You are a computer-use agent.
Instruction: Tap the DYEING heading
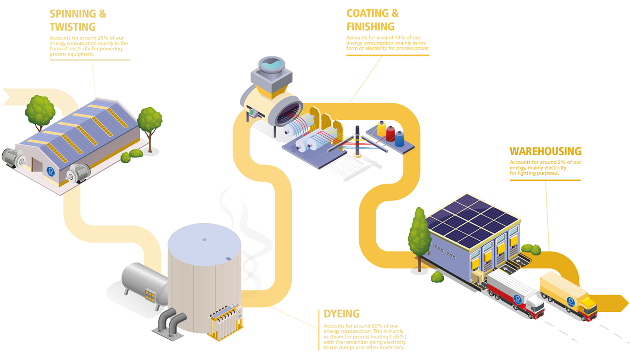coord(341,314)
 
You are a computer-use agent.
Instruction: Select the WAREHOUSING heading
coord(545,151)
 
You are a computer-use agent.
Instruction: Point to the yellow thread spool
coord(381,129)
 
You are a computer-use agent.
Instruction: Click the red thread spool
coord(390,133)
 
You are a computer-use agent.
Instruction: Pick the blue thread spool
coord(400,138)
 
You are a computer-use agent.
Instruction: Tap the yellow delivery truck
coord(568,295)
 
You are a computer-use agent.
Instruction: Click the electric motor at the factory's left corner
coord(14,158)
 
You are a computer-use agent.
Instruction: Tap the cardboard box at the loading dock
coord(478,276)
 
